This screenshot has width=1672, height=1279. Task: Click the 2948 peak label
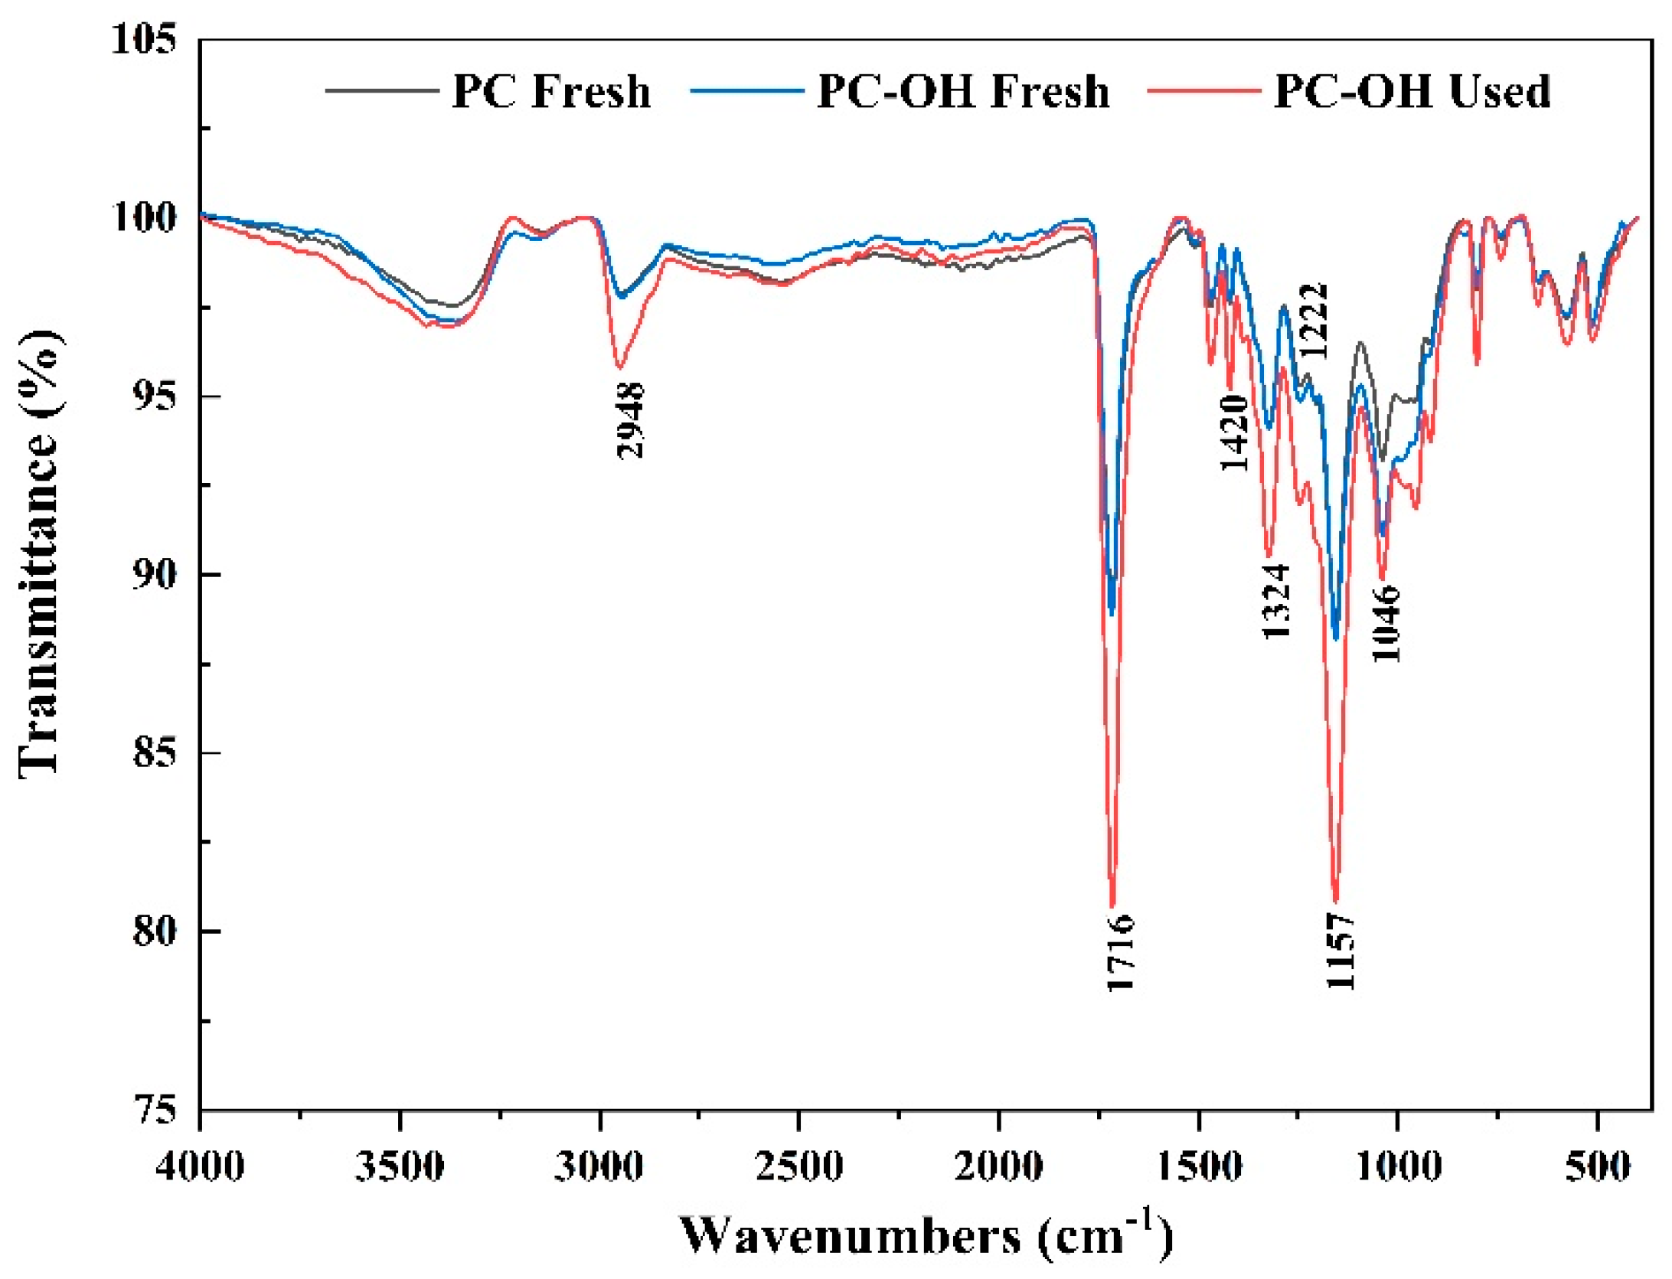coord(631,420)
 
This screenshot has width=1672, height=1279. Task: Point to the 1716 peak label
coord(1121,952)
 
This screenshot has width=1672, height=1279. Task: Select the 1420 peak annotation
coord(1234,433)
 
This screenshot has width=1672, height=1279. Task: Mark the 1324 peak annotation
coord(1276,602)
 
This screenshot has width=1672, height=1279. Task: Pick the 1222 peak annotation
coord(1314,321)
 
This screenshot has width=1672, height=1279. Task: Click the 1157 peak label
coord(1341,951)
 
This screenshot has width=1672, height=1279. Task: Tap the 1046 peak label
coord(1386,624)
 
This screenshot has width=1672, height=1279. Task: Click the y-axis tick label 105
coord(144,38)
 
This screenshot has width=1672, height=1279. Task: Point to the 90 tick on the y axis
coord(153,574)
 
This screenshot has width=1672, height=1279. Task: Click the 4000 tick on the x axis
coord(200,1167)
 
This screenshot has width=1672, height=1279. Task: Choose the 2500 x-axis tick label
coord(798,1167)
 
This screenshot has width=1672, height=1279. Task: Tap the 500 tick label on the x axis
coord(1597,1167)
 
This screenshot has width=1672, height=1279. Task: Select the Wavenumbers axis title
coord(926,1235)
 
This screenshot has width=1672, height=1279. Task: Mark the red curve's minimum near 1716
coord(1112,905)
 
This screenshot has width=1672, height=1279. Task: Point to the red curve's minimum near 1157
coord(1336,901)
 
